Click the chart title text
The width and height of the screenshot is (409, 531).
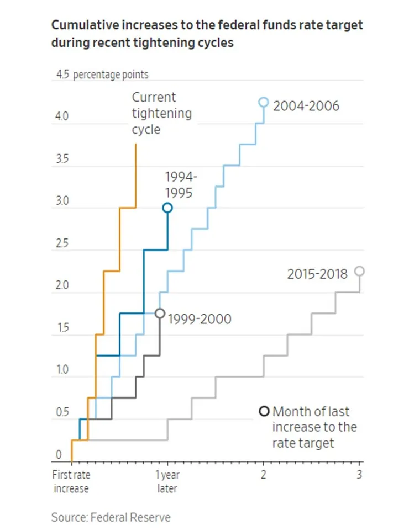207,33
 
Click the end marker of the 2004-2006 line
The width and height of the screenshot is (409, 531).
264,102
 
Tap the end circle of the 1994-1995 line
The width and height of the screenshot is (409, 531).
167,208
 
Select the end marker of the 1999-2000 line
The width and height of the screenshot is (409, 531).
160,314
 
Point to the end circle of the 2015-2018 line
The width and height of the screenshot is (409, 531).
359,271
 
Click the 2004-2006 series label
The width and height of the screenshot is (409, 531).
306,105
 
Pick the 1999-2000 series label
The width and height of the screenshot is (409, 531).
200,318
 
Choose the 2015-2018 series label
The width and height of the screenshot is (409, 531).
317,274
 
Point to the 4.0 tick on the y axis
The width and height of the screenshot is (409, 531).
61,117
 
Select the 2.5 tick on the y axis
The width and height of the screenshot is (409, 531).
61,244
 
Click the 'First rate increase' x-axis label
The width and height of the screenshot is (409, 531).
71,481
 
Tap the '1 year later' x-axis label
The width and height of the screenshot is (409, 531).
167,481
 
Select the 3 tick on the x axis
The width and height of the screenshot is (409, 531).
360,475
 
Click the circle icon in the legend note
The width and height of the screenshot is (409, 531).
264,411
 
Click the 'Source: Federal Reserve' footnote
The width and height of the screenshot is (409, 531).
111,517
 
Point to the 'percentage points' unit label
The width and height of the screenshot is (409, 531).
111,75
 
